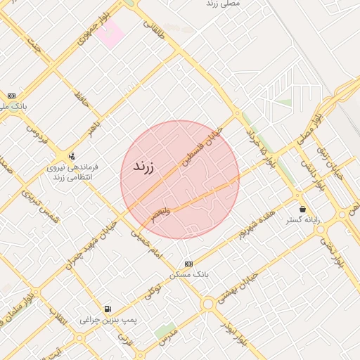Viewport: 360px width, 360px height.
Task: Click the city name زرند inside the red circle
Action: (138, 167)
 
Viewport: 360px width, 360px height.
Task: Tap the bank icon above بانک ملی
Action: (11, 96)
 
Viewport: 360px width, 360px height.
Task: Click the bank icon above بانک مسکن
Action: (187, 263)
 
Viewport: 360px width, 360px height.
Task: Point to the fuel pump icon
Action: (107, 309)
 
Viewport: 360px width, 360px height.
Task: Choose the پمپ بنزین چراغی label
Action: (107, 320)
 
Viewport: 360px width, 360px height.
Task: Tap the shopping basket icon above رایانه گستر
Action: (302, 209)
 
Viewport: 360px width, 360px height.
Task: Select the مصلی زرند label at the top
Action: (224, 4)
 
